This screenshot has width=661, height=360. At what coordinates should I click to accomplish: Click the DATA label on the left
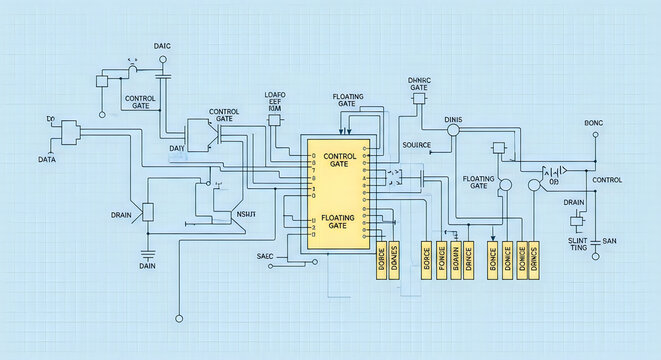tap(46, 159)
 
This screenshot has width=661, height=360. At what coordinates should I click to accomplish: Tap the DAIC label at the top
tap(162, 46)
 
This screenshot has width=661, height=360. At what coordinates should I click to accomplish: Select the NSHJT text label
tap(245, 214)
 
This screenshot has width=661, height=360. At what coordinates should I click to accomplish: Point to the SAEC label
tap(264, 256)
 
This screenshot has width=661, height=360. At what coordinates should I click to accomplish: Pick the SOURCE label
tap(415, 144)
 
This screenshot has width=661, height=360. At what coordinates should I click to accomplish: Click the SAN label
tap(609, 240)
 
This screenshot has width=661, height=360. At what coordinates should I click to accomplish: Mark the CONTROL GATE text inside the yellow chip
tap(341, 160)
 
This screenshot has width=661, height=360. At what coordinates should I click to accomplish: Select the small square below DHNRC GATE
tap(420, 99)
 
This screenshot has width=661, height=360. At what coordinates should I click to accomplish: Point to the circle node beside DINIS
tap(452, 130)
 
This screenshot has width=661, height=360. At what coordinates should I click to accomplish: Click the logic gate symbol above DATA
tap(69, 131)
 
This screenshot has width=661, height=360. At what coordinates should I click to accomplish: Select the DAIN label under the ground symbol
tap(147, 266)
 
